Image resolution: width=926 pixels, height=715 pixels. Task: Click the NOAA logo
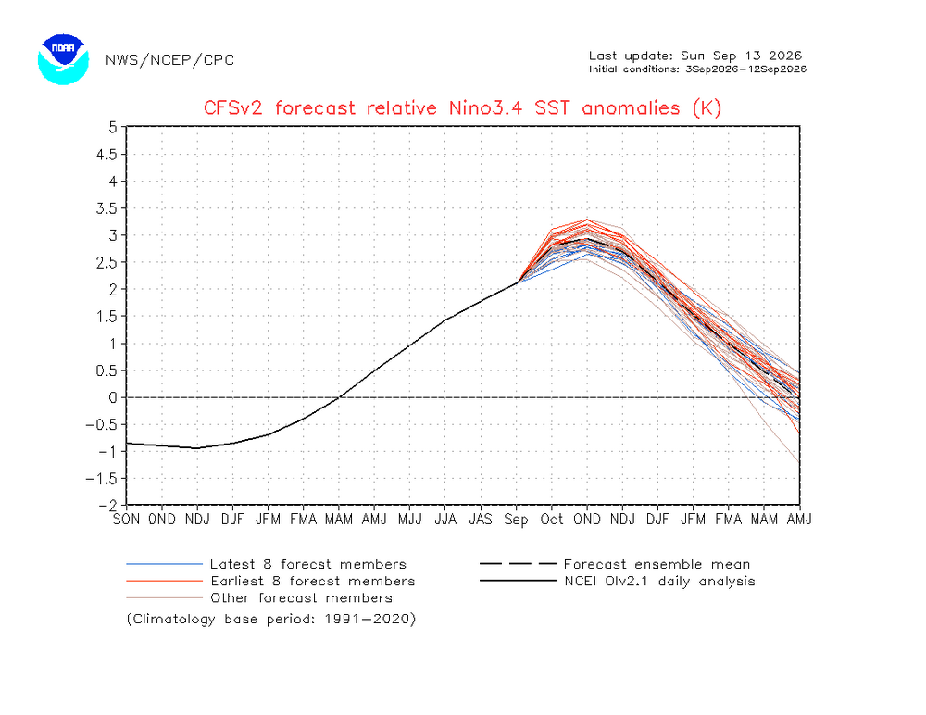pyautogui.click(x=63, y=59)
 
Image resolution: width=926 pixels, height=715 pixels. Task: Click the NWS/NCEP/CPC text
pyautogui.click(x=170, y=60)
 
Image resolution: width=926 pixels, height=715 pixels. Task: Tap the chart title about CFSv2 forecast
pyautogui.click(x=462, y=108)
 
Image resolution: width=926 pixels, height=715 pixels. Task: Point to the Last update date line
pyautogui.click(x=695, y=56)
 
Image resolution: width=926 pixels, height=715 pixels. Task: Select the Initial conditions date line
pyautogui.click(x=697, y=69)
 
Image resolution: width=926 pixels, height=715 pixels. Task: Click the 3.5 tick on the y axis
pyautogui.click(x=106, y=208)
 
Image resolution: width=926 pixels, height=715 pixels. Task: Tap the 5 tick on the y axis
pyautogui.click(x=113, y=127)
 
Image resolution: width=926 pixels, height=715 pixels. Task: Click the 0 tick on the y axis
pyautogui.click(x=113, y=397)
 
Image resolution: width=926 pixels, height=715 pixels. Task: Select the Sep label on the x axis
pyautogui.click(x=516, y=520)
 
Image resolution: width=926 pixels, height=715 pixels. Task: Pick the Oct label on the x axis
pyautogui.click(x=552, y=520)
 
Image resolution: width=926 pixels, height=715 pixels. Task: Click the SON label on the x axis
pyautogui.click(x=126, y=520)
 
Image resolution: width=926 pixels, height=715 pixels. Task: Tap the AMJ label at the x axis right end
pyautogui.click(x=800, y=520)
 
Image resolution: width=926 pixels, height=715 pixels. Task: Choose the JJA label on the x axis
pyautogui.click(x=445, y=520)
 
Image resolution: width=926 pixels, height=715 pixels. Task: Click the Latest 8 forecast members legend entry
pyautogui.click(x=267, y=564)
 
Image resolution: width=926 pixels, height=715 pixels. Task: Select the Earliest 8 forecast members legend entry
pyautogui.click(x=270, y=582)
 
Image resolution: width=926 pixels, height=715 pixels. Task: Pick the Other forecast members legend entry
pyautogui.click(x=259, y=598)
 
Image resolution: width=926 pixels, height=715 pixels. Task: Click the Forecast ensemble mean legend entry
pyautogui.click(x=615, y=564)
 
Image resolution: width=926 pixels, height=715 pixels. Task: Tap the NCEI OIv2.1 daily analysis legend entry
pyautogui.click(x=618, y=582)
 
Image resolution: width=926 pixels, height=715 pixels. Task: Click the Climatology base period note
pyautogui.click(x=271, y=620)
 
